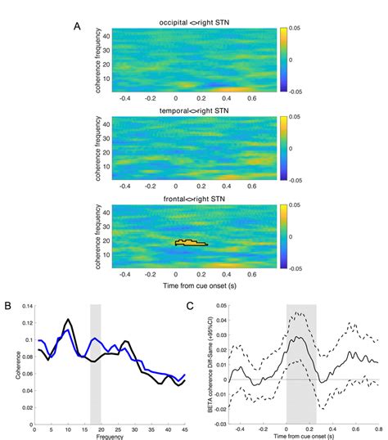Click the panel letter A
(77, 25)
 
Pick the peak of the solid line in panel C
(301, 336)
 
